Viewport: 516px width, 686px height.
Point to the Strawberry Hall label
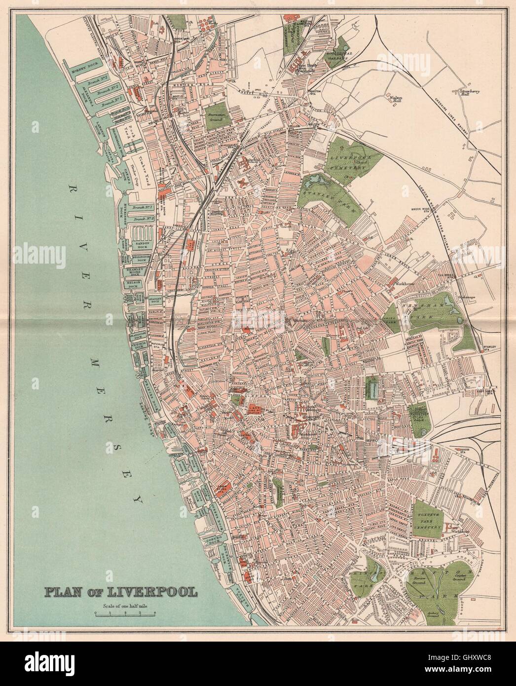[469, 93]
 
